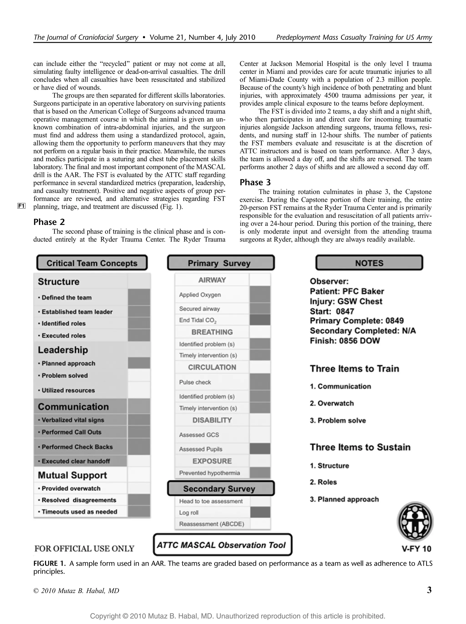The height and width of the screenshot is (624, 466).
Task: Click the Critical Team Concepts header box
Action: (x=92, y=263)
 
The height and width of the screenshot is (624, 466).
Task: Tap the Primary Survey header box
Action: (x=221, y=263)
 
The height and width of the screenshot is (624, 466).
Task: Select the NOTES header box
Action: (x=369, y=263)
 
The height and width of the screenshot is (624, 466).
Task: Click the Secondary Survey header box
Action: (x=221, y=488)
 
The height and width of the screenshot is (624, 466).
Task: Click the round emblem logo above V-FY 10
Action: (x=415, y=521)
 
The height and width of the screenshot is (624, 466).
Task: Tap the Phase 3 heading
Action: (x=255, y=182)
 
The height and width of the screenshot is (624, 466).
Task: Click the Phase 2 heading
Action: (x=49, y=222)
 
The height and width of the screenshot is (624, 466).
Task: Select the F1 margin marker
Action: (x=21, y=206)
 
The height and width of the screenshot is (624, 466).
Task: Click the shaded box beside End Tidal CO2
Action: (x=260, y=320)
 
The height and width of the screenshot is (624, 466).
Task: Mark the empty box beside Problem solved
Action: (x=139, y=375)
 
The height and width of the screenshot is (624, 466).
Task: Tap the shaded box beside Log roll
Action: (x=260, y=512)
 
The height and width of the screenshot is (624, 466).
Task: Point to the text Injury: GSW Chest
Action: (x=346, y=301)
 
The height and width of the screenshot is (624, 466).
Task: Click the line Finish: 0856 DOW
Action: (x=345, y=341)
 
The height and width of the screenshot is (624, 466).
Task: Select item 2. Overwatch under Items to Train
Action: (x=332, y=403)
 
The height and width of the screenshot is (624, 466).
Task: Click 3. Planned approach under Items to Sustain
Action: (x=344, y=499)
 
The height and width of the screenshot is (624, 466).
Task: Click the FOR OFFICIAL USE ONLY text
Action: (x=84, y=548)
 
